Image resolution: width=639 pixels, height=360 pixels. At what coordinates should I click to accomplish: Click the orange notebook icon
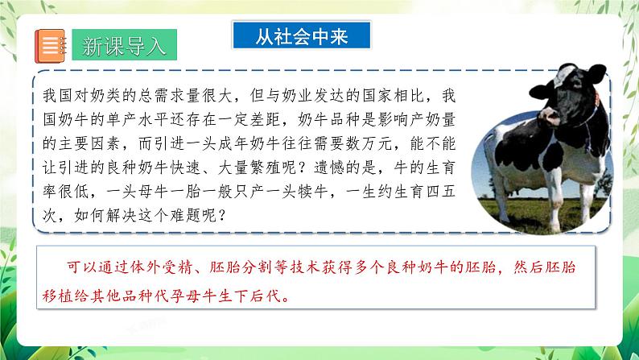click(50, 45)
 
